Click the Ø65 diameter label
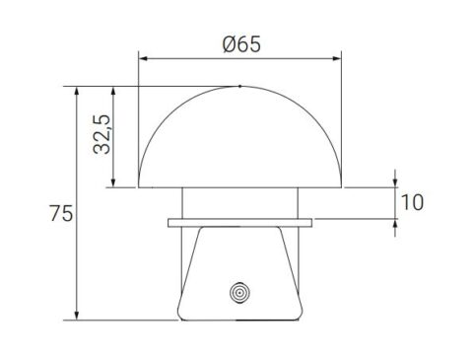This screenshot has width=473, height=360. point(241,44)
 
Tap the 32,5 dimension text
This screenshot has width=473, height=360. point(101,134)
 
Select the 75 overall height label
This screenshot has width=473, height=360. point(61,213)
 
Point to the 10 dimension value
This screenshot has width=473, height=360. point(413,202)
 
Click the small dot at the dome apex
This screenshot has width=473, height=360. point(240,86)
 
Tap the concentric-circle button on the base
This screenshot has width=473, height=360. point(240,292)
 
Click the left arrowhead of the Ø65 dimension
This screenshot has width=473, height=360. point(143,58)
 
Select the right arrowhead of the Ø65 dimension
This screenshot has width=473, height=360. point(337,58)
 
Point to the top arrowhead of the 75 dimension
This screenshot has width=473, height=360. point(77,92)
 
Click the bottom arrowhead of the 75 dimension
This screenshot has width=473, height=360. point(77,315)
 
